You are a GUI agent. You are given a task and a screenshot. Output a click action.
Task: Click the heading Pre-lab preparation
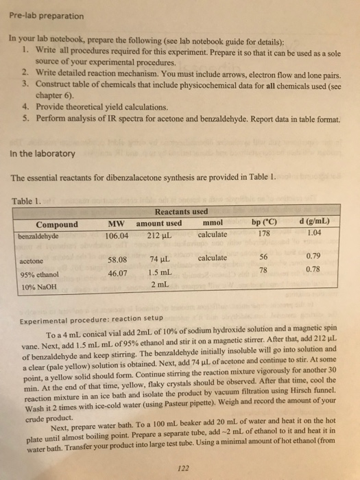pyautogui.click(x=43, y=15)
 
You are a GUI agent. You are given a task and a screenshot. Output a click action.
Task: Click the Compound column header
pyautogui.click(x=57, y=224)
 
